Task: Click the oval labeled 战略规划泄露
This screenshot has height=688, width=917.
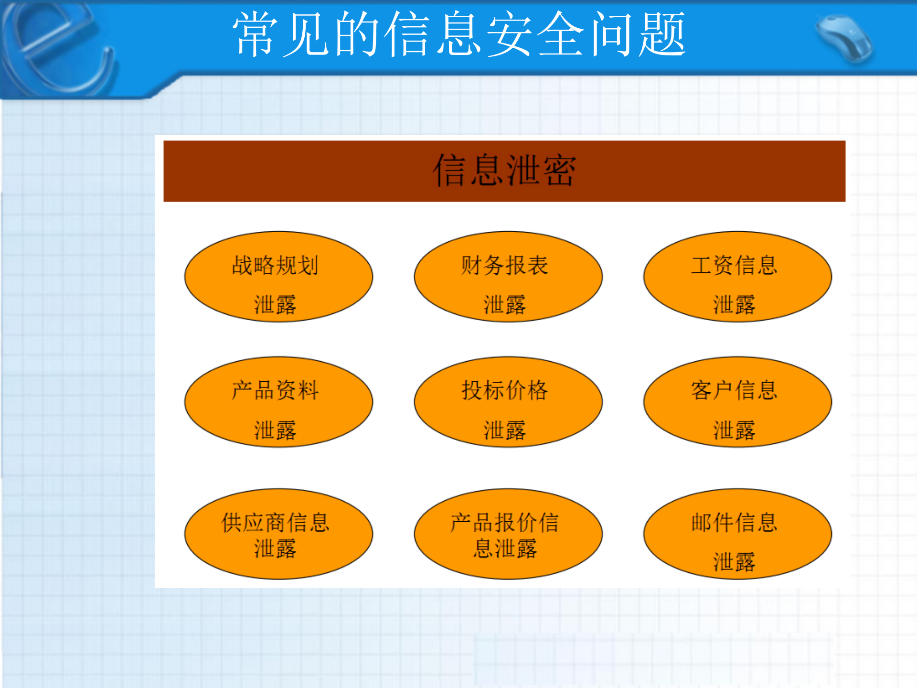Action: (x=278, y=277)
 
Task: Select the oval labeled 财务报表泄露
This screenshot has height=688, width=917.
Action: (x=508, y=277)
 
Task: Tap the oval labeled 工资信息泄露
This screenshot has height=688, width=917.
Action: (x=737, y=277)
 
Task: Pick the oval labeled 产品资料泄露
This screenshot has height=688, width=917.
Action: (x=278, y=402)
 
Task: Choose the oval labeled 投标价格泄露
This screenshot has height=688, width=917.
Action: (x=508, y=402)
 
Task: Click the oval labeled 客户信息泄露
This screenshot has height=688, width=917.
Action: (x=737, y=402)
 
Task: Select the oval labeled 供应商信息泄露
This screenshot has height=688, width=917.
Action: (x=278, y=534)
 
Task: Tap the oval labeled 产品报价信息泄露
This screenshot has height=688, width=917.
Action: (x=508, y=534)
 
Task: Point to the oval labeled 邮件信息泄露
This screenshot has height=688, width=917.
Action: (x=737, y=534)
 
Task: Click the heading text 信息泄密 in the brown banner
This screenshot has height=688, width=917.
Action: (x=504, y=171)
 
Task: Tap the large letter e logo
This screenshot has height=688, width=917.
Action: (x=57, y=48)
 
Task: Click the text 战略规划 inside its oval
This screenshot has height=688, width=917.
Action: (x=275, y=266)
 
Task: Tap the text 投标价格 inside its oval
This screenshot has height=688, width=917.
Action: (x=504, y=390)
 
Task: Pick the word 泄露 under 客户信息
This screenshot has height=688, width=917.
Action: (x=734, y=430)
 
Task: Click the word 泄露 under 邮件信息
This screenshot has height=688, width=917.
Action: (x=734, y=562)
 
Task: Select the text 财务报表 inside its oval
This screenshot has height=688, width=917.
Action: (x=504, y=266)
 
